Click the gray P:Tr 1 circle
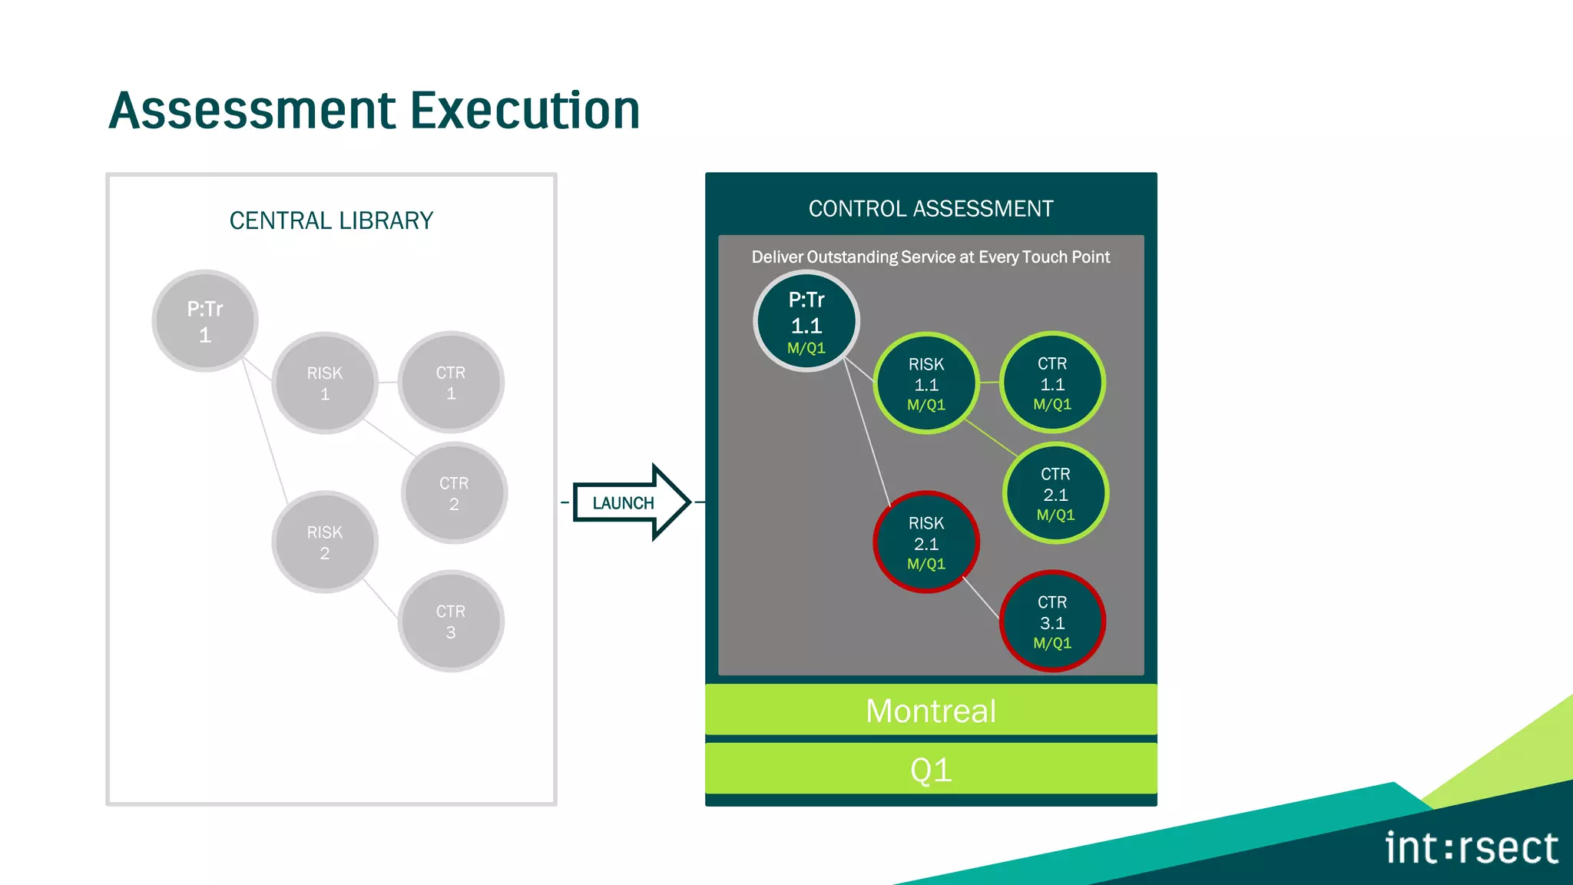(204, 321)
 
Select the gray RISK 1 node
(324, 383)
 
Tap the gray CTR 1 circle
(451, 383)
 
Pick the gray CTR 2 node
(454, 493)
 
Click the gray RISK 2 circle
(324, 542)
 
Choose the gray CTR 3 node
(451, 621)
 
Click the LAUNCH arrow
(630, 502)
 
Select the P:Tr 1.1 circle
(806, 321)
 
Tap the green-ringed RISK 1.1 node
(926, 383)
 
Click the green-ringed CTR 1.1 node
(1051, 383)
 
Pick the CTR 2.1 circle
(1055, 493)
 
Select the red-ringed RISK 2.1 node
(926, 542)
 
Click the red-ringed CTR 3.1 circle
(1051, 621)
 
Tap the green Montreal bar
(930, 710)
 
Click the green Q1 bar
(930, 769)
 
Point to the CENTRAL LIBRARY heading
(331, 221)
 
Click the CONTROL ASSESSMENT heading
(930, 209)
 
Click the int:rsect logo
(1470, 848)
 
